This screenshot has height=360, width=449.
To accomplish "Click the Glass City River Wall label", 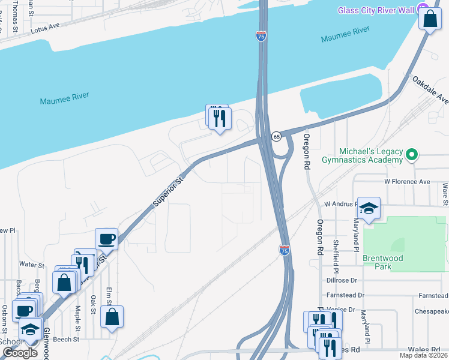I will coord(377,10).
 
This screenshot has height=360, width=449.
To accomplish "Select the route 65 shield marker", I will coord(276,136).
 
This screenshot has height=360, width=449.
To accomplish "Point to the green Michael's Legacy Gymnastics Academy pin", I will coord(411,155).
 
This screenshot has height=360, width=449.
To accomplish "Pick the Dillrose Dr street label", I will coord(342,280).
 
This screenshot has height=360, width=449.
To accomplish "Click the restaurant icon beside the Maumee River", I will coord(219,118).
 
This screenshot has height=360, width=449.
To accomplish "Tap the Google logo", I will coord(20,353).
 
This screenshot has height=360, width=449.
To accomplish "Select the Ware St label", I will coord(445,193).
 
